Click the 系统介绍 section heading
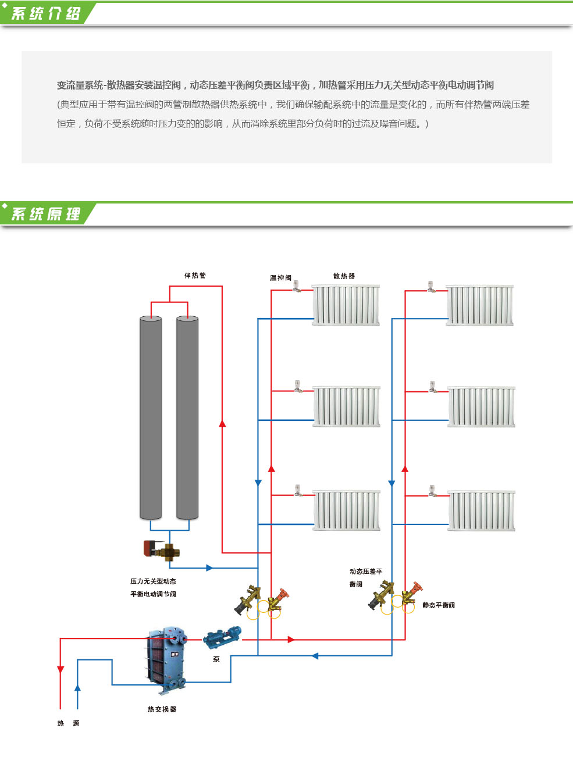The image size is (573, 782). (46, 13)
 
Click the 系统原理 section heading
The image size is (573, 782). (46, 214)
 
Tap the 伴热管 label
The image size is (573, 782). (195, 276)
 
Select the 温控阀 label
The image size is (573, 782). (280, 278)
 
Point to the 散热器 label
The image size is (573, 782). (344, 276)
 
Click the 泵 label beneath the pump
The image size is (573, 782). (216, 659)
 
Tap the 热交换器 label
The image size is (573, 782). (162, 709)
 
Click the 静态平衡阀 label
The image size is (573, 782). (439, 605)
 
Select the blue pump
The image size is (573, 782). (222, 637)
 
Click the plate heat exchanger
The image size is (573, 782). (167, 659)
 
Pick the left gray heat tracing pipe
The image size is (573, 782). (151, 417)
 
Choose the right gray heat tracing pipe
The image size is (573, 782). (187, 417)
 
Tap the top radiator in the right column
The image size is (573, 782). (480, 305)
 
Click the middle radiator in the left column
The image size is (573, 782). (347, 406)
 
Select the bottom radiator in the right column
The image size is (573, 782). (481, 510)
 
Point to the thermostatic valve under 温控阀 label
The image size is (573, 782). (297, 286)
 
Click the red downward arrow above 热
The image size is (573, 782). (60, 669)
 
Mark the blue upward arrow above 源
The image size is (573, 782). (77, 688)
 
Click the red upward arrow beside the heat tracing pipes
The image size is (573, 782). (222, 423)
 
